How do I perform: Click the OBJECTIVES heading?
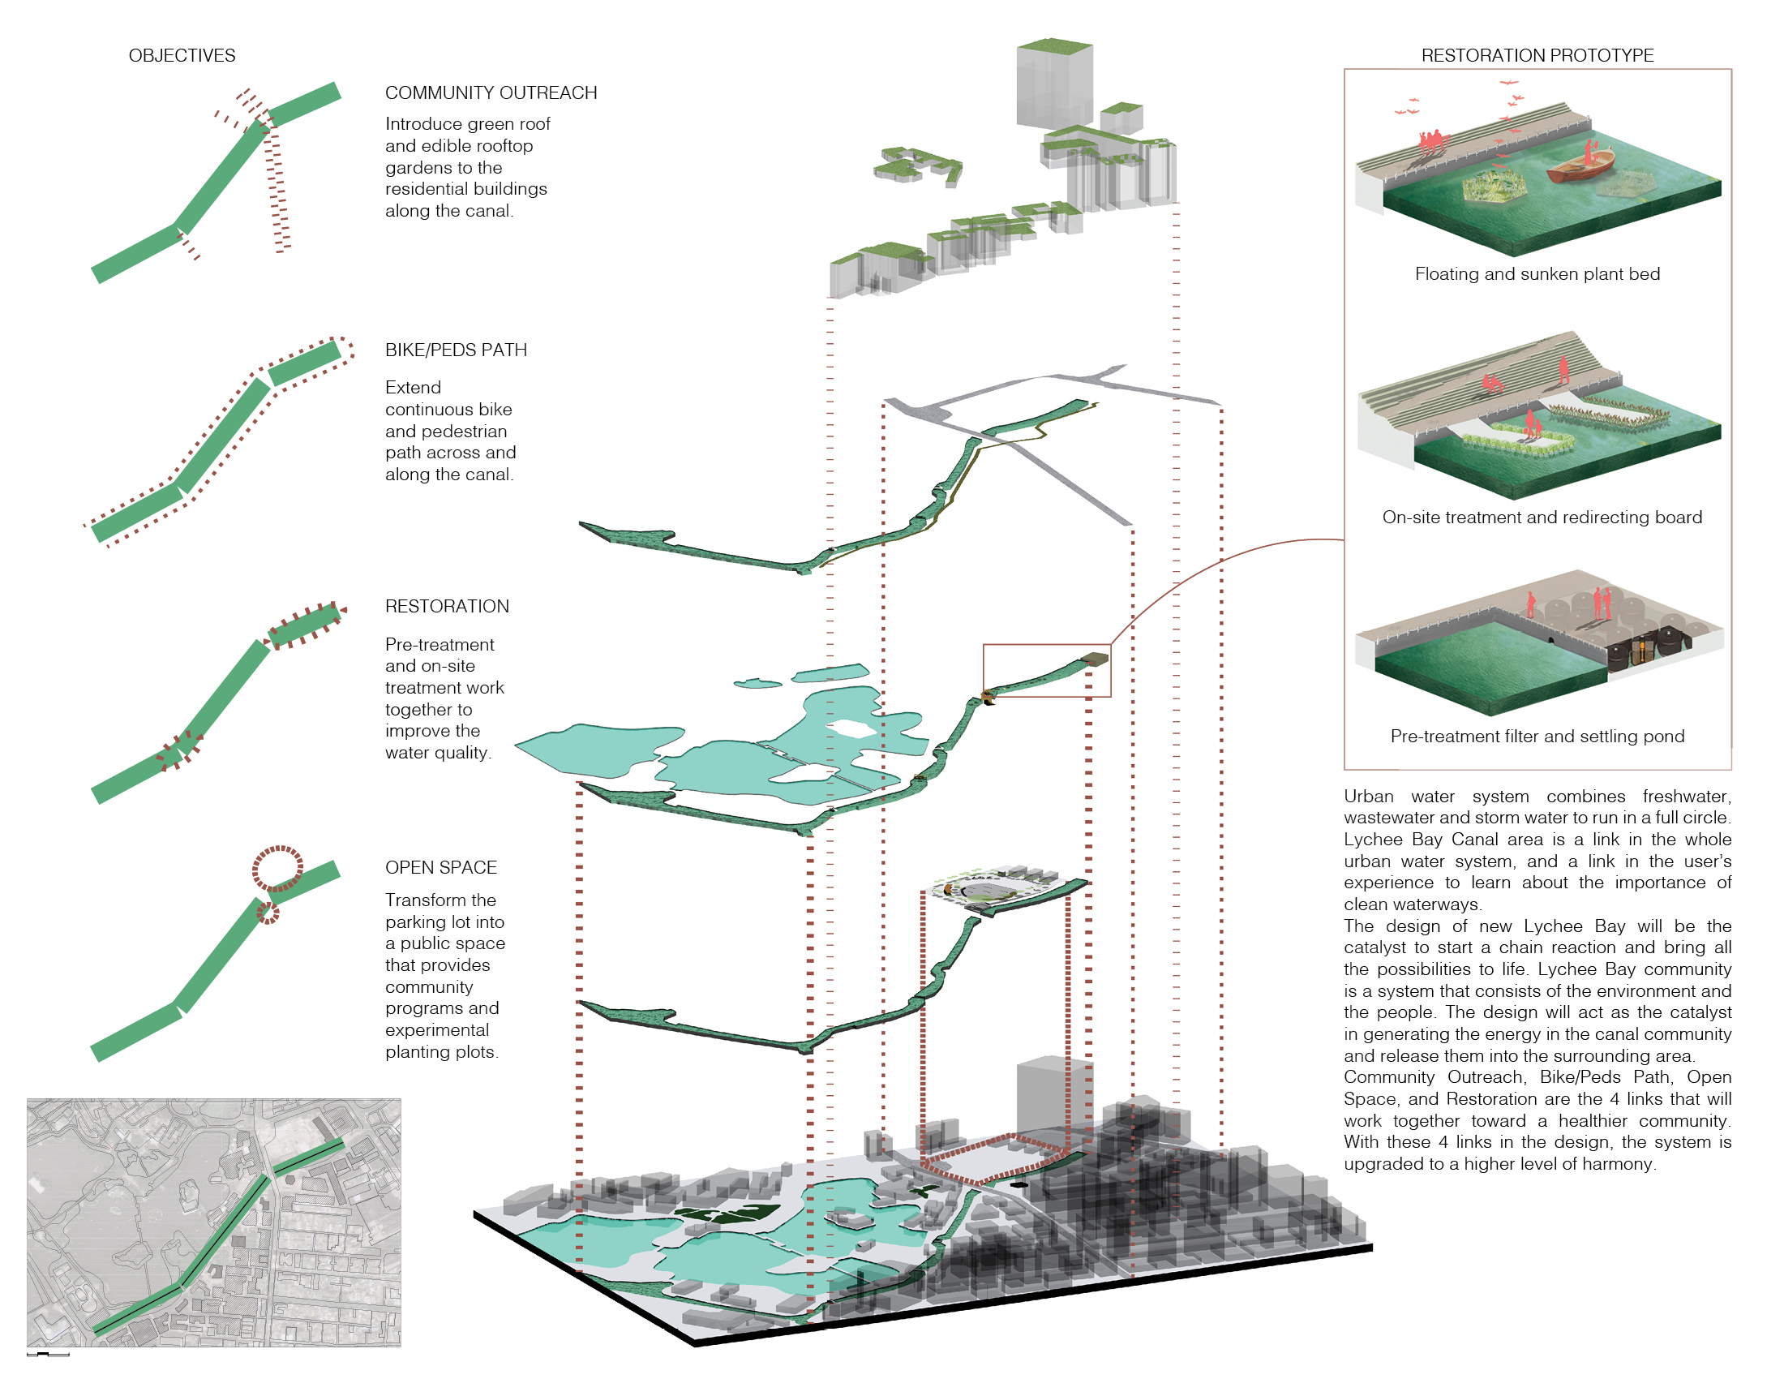pyautogui.click(x=182, y=55)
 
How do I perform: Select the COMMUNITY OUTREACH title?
pyautogui.click(x=491, y=93)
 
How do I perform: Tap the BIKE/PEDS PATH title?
pyautogui.click(x=456, y=350)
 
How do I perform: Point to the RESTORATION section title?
pyautogui.click(x=447, y=606)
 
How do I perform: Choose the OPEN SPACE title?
pyautogui.click(x=441, y=867)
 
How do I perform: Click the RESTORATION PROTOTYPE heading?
pyautogui.click(x=1537, y=55)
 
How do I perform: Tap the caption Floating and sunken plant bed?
pyautogui.click(x=1537, y=273)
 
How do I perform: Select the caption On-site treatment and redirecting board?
pyautogui.click(x=1542, y=518)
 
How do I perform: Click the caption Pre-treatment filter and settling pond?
pyautogui.click(x=1537, y=736)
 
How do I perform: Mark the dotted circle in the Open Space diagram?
pyautogui.click(x=277, y=869)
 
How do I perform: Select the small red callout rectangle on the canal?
pyautogui.click(x=1046, y=670)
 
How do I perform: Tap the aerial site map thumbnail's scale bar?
pyautogui.click(x=47, y=1355)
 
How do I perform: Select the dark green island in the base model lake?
pyautogui.click(x=727, y=1214)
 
